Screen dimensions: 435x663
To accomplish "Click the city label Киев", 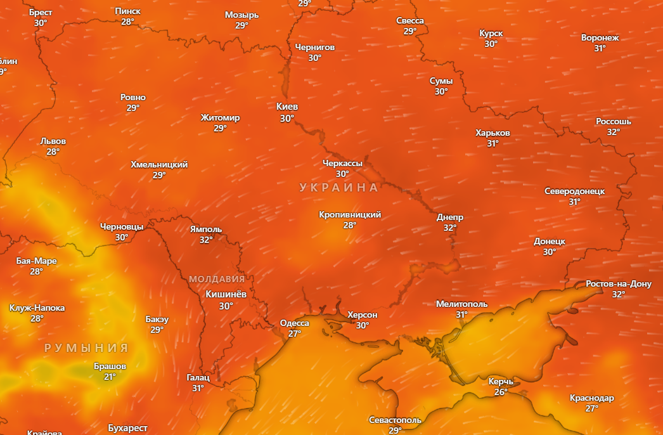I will tap(287, 107).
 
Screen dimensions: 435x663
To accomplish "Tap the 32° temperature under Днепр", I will tap(450, 228).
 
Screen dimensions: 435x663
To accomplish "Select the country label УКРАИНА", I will tap(338, 188).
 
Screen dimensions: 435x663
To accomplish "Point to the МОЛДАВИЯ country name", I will tap(217, 279).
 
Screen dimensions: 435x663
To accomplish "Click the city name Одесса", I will tap(295, 323).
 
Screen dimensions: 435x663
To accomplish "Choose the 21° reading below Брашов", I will tap(110, 377).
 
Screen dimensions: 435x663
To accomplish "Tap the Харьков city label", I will tap(492, 133).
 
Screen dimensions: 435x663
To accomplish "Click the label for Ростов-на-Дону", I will tap(619, 283).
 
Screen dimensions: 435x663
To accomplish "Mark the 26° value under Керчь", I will tap(501, 392).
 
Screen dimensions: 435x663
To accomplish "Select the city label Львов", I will tap(53, 141).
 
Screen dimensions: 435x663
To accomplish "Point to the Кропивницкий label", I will tap(350, 214).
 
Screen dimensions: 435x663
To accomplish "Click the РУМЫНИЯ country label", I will tap(86, 348).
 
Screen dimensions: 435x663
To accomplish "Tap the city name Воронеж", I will tap(600, 37).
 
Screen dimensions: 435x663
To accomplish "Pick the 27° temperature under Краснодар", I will tap(591, 408).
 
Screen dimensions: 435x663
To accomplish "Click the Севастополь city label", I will tap(395, 420).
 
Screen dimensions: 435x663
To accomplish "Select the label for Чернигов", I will tap(315, 47).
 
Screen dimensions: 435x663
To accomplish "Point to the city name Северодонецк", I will tap(574, 191).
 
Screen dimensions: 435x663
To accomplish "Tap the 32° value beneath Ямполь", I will tap(206, 240).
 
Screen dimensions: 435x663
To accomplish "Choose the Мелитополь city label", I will tap(461, 304).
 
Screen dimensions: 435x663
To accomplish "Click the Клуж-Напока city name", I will tap(37, 308).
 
